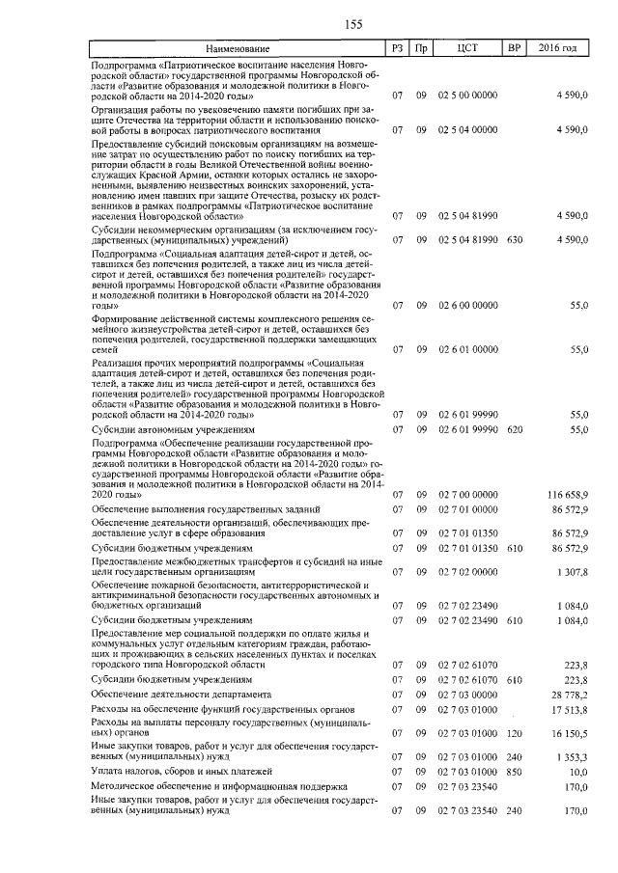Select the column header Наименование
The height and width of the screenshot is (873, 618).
(236, 48)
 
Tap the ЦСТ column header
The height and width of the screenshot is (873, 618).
(467, 48)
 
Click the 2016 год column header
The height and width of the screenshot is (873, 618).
(558, 48)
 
